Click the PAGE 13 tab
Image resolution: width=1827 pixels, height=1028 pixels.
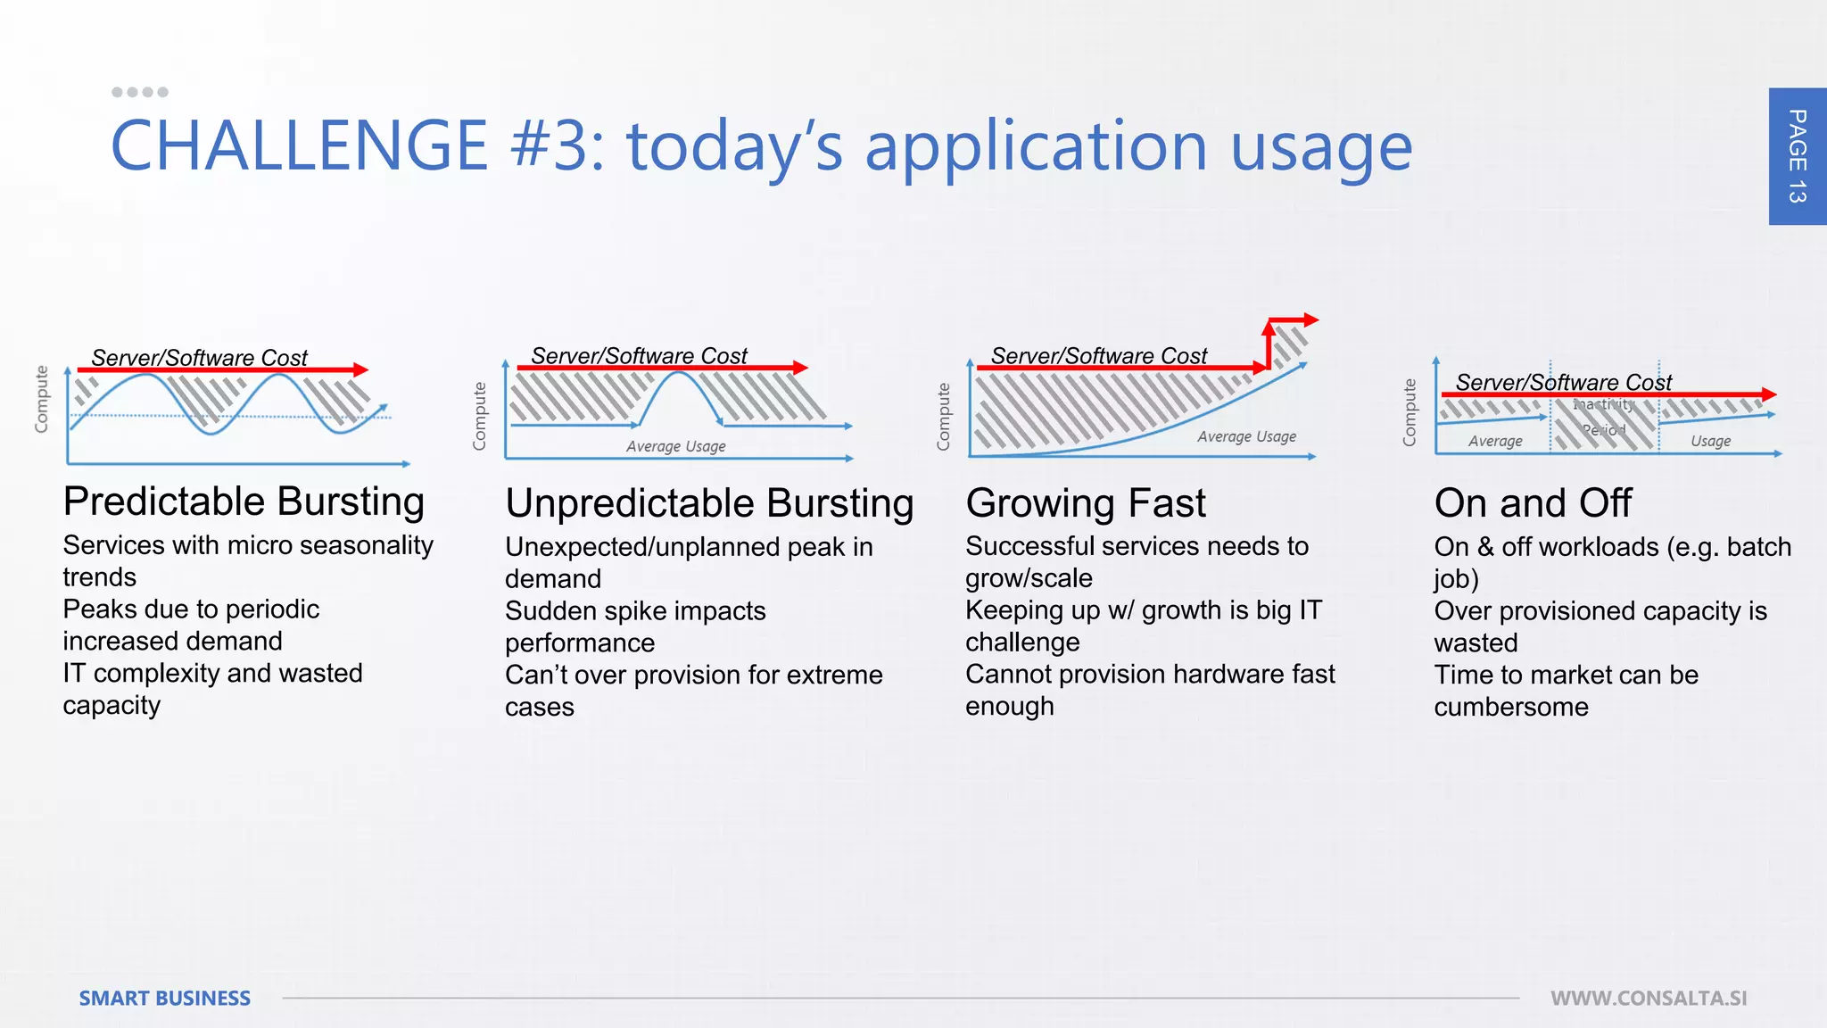click(1797, 156)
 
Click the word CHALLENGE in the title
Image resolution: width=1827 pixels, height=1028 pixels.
click(298, 146)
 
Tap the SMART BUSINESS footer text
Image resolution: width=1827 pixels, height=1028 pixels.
click(165, 998)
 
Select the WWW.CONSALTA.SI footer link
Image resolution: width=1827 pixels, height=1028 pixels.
click(1648, 998)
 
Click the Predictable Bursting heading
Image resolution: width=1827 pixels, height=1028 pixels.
click(244, 502)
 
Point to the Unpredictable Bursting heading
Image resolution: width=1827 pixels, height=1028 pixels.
click(709, 503)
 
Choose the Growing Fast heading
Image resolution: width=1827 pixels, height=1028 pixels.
click(1085, 503)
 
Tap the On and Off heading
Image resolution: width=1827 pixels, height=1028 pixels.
click(1533, 503)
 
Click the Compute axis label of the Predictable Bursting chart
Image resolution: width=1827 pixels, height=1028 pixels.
click(41, 399)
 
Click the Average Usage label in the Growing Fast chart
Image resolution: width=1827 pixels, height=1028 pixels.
click(1246, 436)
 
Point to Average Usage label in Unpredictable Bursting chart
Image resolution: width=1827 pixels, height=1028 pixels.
click(675, 446)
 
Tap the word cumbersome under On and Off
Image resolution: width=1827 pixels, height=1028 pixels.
click(1510, 707)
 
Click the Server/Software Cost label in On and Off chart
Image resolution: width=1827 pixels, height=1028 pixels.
click(1563, 382)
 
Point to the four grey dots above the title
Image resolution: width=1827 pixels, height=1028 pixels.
click(140, 92)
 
